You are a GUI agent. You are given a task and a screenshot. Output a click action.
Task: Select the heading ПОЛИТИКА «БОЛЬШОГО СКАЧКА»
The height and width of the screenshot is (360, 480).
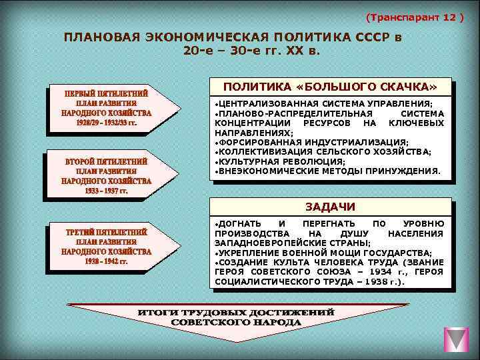coord(330,87)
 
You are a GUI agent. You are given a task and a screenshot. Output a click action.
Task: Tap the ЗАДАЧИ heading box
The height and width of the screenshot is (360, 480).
coord(330,206)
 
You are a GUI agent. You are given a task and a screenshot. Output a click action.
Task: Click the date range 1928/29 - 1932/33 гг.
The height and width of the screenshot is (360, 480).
coord(107,123)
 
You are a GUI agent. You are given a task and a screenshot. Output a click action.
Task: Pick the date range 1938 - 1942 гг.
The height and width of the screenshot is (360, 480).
coord(107,261)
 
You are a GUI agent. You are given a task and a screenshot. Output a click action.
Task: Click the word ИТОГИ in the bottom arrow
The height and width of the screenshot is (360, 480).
coord(159,313)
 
